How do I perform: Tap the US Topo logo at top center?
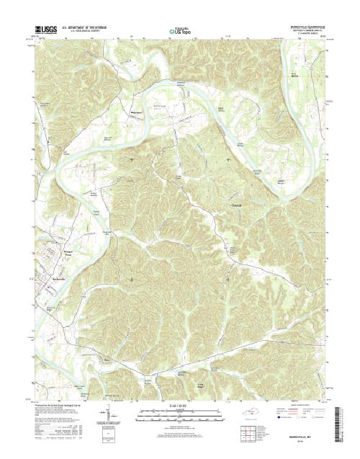(x=180, y=32)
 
